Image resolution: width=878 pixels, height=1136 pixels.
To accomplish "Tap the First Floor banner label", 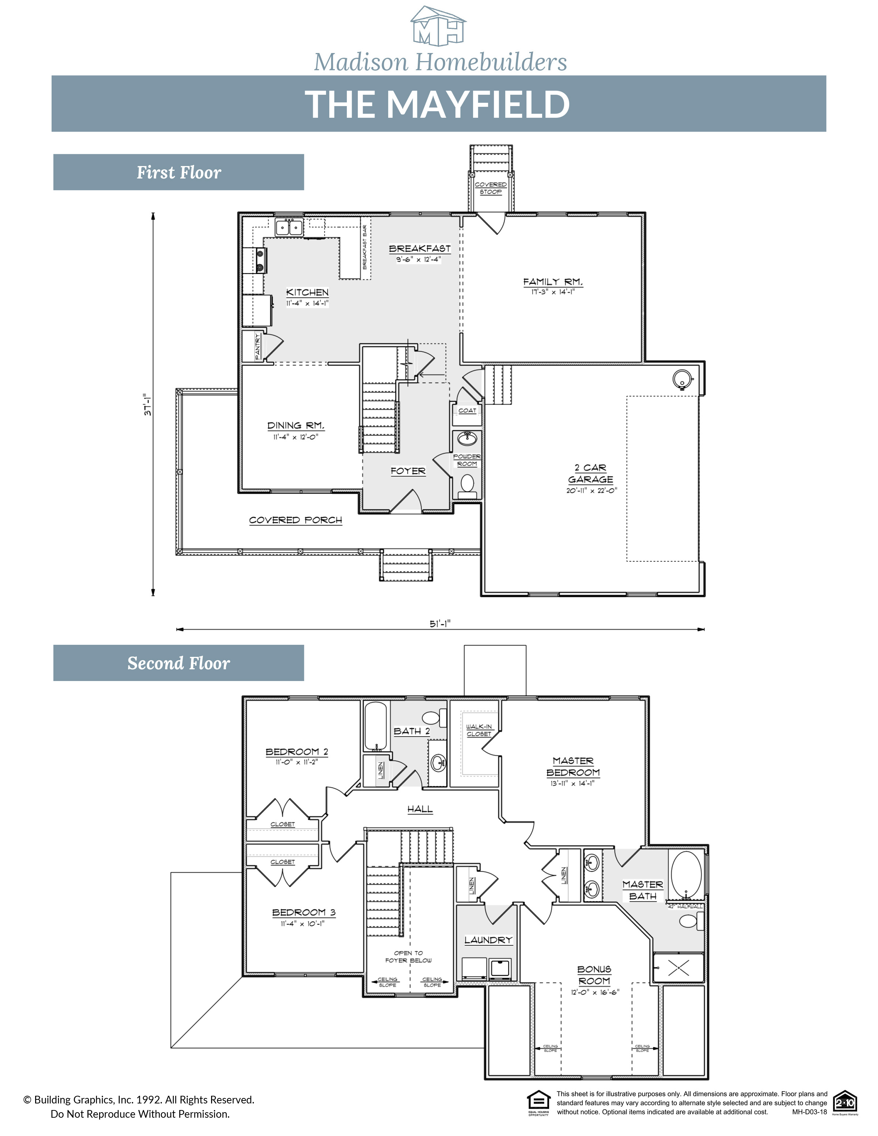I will [x=179, y=172].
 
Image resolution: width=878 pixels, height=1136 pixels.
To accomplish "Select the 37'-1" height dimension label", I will [x=148, y=404].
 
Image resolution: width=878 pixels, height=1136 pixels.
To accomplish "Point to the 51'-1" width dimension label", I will [x=440, y=623].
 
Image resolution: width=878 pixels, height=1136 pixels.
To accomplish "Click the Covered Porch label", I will [x=296, y=520].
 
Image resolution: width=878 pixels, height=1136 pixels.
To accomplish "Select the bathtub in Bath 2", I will [x=375, y=725].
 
